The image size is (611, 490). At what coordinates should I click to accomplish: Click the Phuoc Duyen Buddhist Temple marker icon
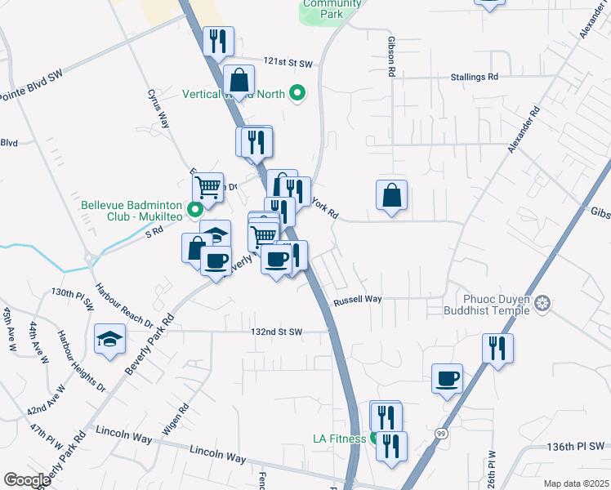point(543,305)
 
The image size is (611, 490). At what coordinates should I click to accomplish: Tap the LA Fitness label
point(339,439)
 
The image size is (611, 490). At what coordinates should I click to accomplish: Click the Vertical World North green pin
point(298,94)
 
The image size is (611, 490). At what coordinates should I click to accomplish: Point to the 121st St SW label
point(288,63)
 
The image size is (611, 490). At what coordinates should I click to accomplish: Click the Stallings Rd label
point(474,77)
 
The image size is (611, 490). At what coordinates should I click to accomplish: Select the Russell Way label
point(358,300)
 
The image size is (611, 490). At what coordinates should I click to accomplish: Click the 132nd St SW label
point(277,332)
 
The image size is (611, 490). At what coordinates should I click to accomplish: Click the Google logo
point(27,480)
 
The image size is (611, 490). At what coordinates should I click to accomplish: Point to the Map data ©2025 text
point(576,483)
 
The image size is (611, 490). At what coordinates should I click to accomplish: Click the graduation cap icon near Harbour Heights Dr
point(109,338)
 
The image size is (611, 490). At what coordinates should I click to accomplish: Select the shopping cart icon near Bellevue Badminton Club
point(208,187)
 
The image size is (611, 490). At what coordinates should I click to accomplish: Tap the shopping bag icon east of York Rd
point(392,194)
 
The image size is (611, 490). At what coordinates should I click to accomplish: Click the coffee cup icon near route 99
point(447,378)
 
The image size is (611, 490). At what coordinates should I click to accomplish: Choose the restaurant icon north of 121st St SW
point(218,40)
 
